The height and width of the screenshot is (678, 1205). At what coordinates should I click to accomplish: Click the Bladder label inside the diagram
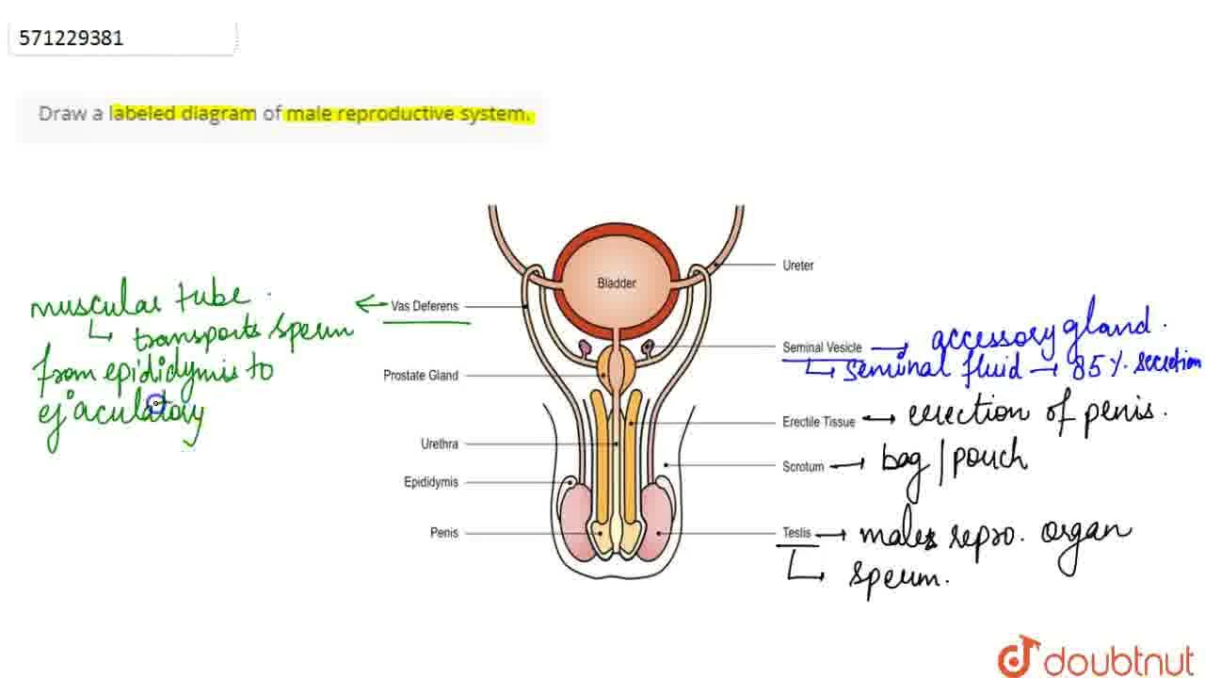(x=617, y=283)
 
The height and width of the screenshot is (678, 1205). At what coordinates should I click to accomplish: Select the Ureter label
(x=797, y=266)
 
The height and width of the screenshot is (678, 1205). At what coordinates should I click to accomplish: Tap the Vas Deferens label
(x=425, y=306)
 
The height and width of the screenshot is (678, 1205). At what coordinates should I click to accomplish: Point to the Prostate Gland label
(x=421, y=376)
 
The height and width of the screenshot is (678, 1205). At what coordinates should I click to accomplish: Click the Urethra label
(x=440, y=444)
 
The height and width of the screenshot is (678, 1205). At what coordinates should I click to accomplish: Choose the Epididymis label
(x=431, y=482)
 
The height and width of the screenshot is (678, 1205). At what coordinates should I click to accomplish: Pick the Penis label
(x=444, y=533)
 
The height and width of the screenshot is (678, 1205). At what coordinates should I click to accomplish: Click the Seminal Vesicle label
(x=822, y=347)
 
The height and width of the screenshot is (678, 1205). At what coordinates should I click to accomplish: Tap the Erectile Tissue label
(x=818, y=422)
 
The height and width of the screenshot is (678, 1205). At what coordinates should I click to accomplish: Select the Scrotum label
(x=803, y=466)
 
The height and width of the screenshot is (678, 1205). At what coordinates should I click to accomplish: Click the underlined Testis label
(x=796, y=533)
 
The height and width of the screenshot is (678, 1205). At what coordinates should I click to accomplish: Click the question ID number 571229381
(x=72, y=39)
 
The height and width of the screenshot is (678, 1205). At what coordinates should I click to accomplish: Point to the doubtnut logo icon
(x=1018, y=656)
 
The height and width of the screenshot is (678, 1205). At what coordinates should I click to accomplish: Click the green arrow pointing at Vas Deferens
(x=371, y=303)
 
